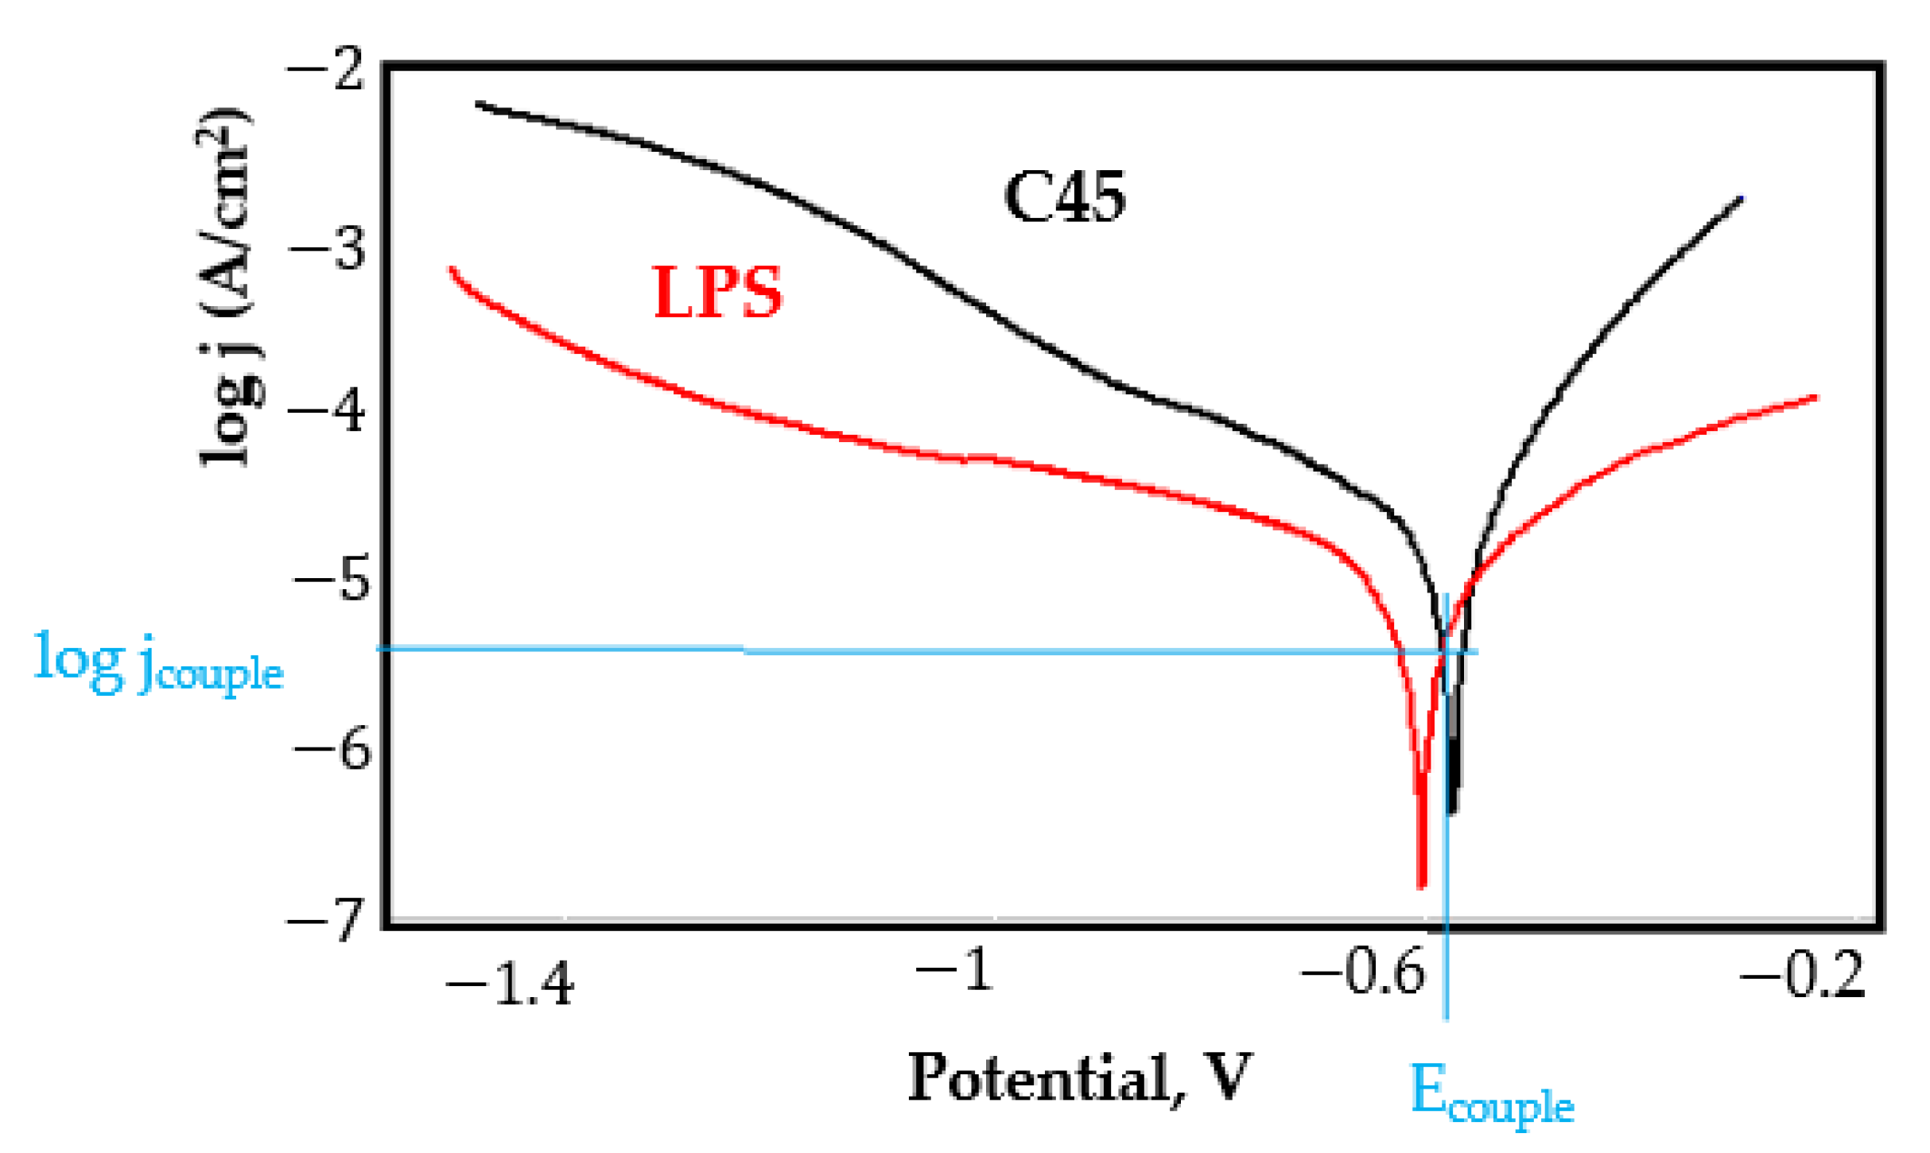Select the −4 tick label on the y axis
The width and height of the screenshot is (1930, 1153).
[x=327, y=412]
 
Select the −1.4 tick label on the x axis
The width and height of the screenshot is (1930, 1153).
[x=510, y=984]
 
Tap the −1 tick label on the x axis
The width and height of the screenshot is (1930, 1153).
[x=954, y=970]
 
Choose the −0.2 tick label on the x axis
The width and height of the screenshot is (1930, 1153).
[x=1802, y=975]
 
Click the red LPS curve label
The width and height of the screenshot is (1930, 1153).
[x=717, y=293]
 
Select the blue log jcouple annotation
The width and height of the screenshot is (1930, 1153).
[x=158, y=662]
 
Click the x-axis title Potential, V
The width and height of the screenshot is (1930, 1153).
[x=1080, y=1078]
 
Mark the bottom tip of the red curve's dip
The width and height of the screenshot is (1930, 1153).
[x=1422, y=885]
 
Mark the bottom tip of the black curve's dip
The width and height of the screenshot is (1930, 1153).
[x=1451, y=812]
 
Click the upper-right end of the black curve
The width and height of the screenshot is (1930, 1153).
[x=1742, y=198]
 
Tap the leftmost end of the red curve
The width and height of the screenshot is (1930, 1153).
[x=452, y=269]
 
